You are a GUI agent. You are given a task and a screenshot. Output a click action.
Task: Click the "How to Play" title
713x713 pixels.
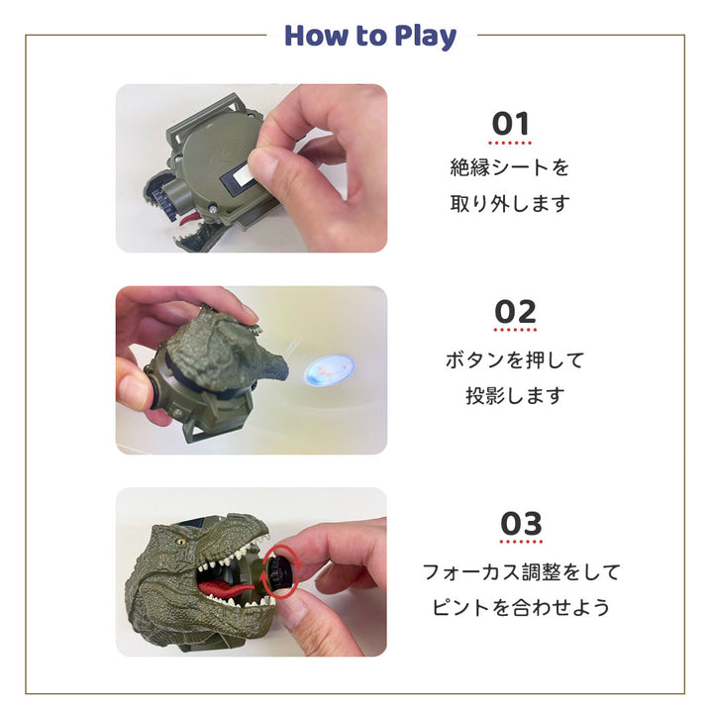(370, 37)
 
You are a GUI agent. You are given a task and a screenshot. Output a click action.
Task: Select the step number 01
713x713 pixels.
(511, 124)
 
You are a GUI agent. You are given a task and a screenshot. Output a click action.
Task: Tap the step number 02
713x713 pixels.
(515, 312)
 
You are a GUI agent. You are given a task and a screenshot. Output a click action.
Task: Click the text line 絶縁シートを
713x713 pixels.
(510, 167)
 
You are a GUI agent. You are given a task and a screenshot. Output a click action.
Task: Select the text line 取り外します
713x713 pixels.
(510, 204)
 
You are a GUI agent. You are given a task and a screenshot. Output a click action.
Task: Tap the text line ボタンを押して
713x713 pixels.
(514, 359)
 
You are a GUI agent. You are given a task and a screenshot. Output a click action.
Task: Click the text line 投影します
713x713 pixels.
(514, 396)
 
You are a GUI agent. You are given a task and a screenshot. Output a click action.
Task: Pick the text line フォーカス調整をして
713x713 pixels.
(521, 571)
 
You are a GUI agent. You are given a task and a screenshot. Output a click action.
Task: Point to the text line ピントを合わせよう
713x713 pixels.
(521, 608)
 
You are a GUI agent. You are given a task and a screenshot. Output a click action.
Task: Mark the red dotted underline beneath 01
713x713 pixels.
(511, 143)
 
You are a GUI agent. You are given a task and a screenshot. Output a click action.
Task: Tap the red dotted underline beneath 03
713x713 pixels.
(521, 542)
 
